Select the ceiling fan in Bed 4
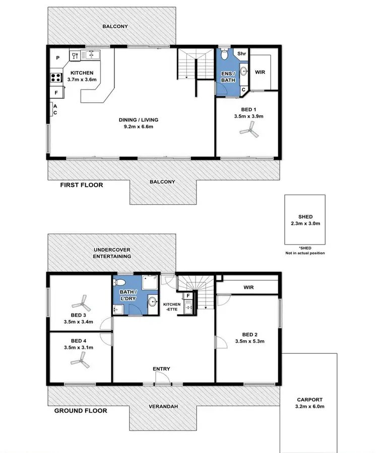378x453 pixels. [80, 358]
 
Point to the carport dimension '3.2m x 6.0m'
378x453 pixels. [309, 407]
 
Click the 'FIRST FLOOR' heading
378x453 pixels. [81, 185]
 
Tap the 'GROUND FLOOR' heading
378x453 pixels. [81, 410]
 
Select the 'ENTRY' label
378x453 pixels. [162, 369]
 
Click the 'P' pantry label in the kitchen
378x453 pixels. [58, 58]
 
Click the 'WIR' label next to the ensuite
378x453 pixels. [260, 72]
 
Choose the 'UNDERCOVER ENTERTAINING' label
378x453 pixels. [112, 253]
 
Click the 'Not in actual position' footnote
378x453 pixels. [304, 253]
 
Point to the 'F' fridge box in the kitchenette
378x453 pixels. [188, 295]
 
